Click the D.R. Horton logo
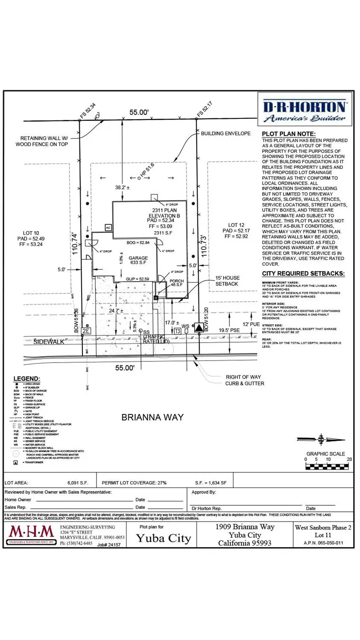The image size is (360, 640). tap(305, 111)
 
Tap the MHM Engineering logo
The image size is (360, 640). tap(32, 534)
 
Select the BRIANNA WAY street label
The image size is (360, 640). tap(152, 417)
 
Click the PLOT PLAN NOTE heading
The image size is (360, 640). tap(289, 134)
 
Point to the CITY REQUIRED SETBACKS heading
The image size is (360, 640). tap(303, 273)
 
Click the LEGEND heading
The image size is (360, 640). tap(26, 379)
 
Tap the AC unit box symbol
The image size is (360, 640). tap(108, 228)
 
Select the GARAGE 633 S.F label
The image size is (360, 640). tap(138, 261)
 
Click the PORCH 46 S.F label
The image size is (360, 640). tap(176, 283)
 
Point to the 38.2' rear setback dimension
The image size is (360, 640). tap(122, 187)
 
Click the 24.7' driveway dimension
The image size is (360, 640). tap(116, 311)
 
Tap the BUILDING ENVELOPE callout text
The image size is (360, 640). tap(225, 133)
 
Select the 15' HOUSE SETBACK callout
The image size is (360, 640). tap(227, 281)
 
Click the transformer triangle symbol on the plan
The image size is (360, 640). tap(199, 328)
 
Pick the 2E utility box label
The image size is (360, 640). tap(86, 331)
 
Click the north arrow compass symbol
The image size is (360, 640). tap(321, 439)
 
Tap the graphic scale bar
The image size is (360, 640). tap(328, 466)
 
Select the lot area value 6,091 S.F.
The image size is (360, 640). tap(78, 483)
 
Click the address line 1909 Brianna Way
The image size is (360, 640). tap(245, 527)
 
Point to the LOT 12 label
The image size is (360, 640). tap(236, 225)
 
